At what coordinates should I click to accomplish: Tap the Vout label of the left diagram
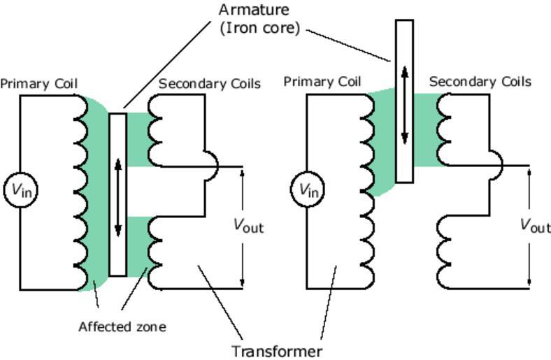coord(248,225)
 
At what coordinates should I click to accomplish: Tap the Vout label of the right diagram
coord(535,225)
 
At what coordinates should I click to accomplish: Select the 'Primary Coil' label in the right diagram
coord(322,82)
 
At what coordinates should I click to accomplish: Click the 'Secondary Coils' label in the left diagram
coord(210,84)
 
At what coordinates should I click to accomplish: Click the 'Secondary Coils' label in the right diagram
coord(480,82)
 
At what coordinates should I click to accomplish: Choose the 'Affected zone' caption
coord(122,326)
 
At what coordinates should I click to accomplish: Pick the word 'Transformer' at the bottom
coord(277,351)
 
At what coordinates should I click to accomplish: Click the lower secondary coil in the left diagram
coord(155,252)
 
